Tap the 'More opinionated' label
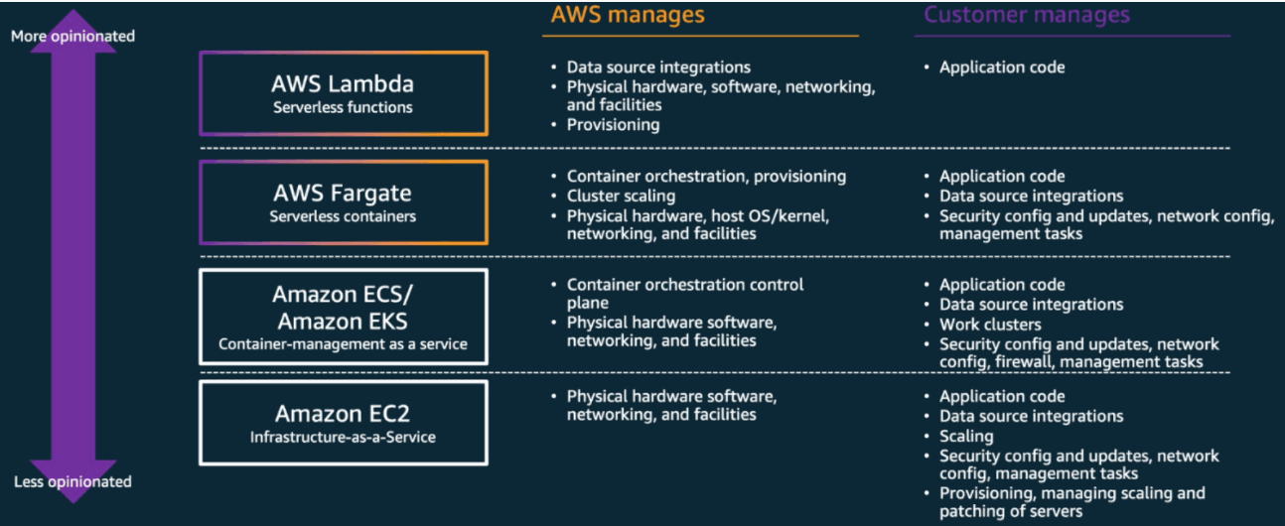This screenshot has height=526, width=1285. click(x=72, y=36)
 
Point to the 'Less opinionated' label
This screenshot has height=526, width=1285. click(x=72, y=481)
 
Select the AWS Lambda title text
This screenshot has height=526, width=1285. click(x=343, y=84)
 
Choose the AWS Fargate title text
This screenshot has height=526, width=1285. click(x=343, y=194)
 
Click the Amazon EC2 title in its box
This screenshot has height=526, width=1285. click(x=343, y=414)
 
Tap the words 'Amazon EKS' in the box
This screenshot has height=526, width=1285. click(x=343, y=321)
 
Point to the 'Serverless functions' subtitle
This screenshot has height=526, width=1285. click(x=343, y=107)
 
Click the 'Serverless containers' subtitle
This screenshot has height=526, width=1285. click(x=343, y=216)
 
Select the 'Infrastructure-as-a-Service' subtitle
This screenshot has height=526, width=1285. click(x=343, y=437)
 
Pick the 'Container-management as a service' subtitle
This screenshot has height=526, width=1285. click(x=343, y=344)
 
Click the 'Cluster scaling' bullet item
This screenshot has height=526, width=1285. click(x=621, y=196)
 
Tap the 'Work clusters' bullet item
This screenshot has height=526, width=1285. click(x=989, y=325)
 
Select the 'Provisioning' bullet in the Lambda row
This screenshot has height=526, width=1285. click(x=613, y=125)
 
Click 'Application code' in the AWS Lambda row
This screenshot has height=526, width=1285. click(x=1002, y=67)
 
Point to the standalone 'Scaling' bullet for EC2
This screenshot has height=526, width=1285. click(x=966, y=436)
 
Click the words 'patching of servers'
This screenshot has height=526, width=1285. click(x=1011, y=511)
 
